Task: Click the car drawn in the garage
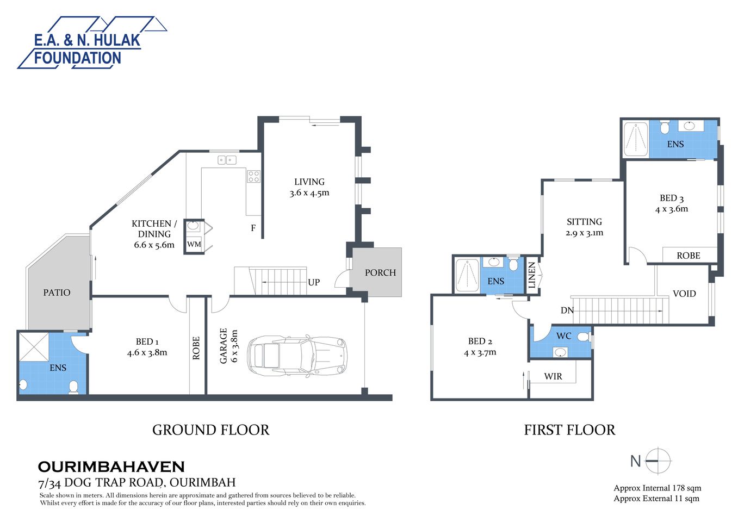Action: click(x=297, y=356)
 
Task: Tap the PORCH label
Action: click(x=380, y=272)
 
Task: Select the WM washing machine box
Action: click(x=194, y=244)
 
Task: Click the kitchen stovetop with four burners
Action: click(x=253, y=176)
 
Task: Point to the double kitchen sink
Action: click(x=227, y=159)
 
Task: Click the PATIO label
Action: click(x=57, y=293)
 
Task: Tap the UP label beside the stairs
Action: click(x=314, y=282)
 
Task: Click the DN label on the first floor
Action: click(x=567, y=310)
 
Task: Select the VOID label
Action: click(x=684, y=294)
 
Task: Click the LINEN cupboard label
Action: click(x=532, y=275)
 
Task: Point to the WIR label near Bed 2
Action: click(x=553, y=376)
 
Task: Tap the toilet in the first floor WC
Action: click(x=584, y=337)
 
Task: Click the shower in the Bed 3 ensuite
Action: click(x=635, y=139)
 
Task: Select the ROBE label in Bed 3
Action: click(x=688, y=256)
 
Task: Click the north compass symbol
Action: click(x=658, y=461)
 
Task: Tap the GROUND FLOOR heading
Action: click(x=210, y=430)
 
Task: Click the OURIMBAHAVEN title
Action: click(x=111, y=467)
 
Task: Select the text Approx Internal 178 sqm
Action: click(x=657, y=488)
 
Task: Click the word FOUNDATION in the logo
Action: click(x=77, y=58)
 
